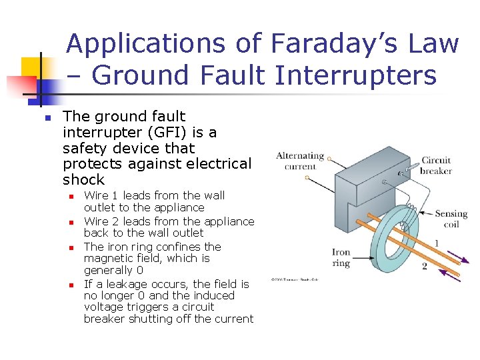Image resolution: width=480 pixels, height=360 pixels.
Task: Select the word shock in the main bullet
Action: pos(84,179)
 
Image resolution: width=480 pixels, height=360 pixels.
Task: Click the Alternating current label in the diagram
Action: pos(300,161)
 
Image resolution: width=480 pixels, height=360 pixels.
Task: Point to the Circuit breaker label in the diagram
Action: pos(436,165)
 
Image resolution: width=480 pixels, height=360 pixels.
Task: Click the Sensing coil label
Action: pos(451,219)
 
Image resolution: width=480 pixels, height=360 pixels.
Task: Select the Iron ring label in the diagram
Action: pos(341,257)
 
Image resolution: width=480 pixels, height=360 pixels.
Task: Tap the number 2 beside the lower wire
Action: pos(424,267)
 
